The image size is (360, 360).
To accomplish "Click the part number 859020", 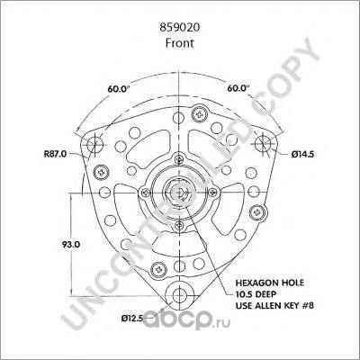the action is pos(179,28).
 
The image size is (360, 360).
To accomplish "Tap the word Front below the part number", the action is pos(179,43).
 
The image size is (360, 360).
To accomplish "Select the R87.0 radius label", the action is pos(55,154).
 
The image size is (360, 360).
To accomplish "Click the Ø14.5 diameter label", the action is pos(302,155).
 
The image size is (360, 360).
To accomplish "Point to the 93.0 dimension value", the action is pos(71,245).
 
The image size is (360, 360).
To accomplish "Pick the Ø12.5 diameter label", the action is pos(132,319).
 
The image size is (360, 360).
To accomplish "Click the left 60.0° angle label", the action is pos(119,89).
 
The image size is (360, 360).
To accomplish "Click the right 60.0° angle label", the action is pos(238,88).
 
